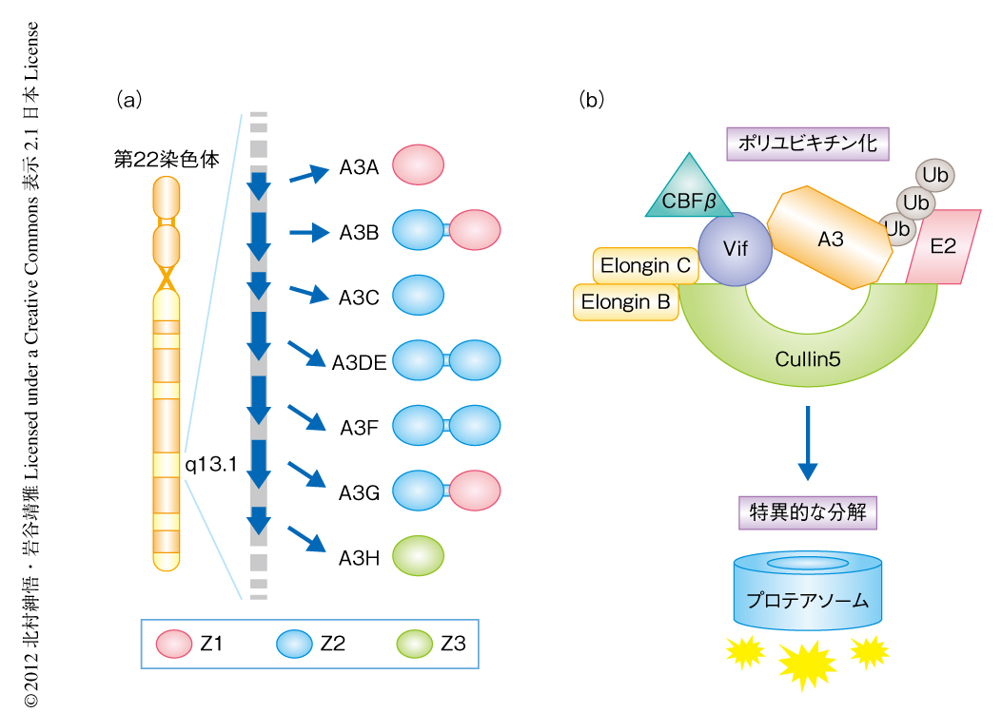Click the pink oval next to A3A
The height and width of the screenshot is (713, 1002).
point(418,164)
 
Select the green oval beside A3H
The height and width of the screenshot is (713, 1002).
point(418,556)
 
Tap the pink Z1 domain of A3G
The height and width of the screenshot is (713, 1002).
point(474,492)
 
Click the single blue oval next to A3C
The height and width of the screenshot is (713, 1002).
point(418,295)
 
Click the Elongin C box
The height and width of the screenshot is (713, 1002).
point(644,266)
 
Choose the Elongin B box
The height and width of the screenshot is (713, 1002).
point(626,302)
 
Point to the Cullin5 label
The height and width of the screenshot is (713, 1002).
point(807,360)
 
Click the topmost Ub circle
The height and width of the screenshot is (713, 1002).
point(936,176)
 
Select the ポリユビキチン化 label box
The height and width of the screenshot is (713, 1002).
point(807,144)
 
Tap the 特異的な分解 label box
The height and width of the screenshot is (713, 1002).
point(807,513)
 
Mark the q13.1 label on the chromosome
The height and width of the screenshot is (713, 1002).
point(210,464)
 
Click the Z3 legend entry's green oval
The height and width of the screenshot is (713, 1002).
point(415,644)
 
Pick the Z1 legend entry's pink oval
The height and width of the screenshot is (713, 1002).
point(174,644)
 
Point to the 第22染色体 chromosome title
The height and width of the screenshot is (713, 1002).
point(167,160)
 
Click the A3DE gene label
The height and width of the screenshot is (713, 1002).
point(359,362)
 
